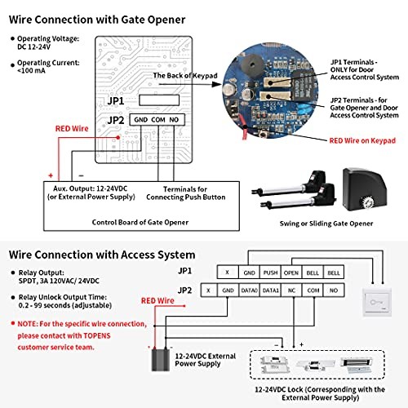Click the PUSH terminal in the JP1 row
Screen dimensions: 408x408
coord(270,273)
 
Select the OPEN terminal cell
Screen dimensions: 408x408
coord(291,273)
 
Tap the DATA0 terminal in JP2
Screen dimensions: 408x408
coord(249,290)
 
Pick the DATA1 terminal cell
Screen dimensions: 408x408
coord(271,290)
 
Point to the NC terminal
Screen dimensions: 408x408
coord(291,290)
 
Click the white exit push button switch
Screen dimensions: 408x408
coord(377,302)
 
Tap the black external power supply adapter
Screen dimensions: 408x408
coord(161,360)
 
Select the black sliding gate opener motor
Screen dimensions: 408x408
coord(364,189)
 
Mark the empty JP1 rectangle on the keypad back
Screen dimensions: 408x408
coord(159,100)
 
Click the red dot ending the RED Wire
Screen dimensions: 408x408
coord(118,138)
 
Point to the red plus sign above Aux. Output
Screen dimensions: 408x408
coord(51,175)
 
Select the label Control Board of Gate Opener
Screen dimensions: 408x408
coord(140,222)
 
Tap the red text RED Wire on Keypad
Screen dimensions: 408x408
coord(362,140)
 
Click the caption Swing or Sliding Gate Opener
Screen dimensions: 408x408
coord(326,224)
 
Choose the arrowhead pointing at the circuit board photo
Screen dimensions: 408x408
coord(216,84)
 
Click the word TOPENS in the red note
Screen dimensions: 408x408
coord(97,335)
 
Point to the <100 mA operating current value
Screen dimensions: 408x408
coord(31,71)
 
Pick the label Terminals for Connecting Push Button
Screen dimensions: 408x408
coord(186,193)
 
